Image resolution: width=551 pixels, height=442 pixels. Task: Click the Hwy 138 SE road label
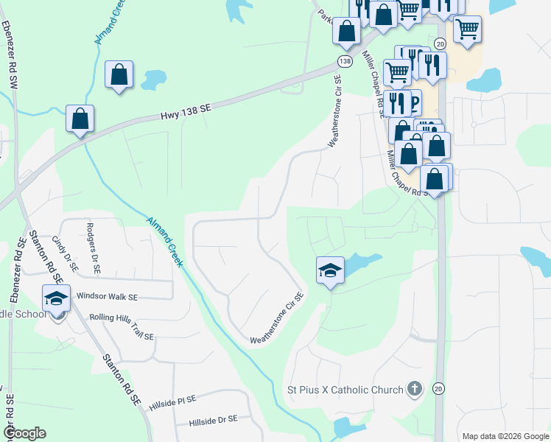click(x=186, y=112)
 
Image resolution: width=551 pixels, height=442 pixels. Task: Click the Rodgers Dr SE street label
click(x=94, y=250)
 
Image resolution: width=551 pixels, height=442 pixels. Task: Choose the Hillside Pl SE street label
click(x=172, y=401)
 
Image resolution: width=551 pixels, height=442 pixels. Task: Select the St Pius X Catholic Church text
click(x=345, y=389)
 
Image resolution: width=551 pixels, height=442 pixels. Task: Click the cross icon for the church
click(x=415, y=389)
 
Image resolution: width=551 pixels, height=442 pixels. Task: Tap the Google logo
click(x=24, y=433)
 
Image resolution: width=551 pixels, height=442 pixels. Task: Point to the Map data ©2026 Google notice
click(x=505, y=436)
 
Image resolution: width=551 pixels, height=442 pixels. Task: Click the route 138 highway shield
click(x=345, y=60)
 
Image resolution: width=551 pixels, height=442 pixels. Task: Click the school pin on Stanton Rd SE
click(x=56, y=298)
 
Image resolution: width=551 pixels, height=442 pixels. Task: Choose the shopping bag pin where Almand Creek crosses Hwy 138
click(x=80, y=119)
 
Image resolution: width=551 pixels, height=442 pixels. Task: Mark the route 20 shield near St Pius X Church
click(x=439, y=388)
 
